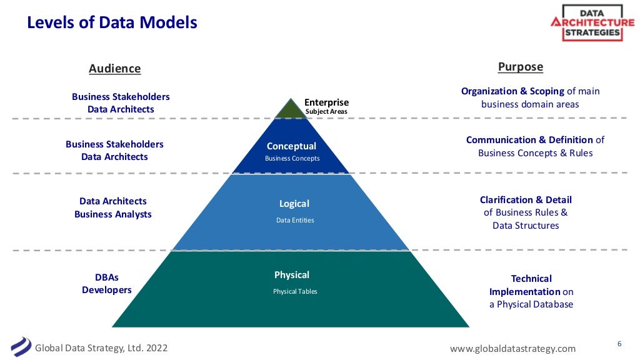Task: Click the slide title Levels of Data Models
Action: coord(112,23)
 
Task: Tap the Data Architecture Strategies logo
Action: coord(592,22)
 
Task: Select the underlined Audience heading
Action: coord(115,69)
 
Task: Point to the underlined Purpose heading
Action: coord(520,67)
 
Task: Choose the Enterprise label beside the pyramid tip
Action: coord(326,102)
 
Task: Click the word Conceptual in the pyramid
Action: coord(291,146)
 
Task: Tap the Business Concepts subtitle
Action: coord(292,159)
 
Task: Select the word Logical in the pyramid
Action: coord(294,204)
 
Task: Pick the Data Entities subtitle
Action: coord(295,220)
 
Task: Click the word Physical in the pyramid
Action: coord(292,275)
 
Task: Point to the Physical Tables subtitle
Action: coord(295,291)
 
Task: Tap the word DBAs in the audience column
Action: coord(107,277)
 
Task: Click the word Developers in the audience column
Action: coord(107,290)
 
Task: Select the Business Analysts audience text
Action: coord(113,214)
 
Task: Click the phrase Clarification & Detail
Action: coord(526,200)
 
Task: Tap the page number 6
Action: coord(619,344)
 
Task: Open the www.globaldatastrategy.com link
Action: coord(512,348)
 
